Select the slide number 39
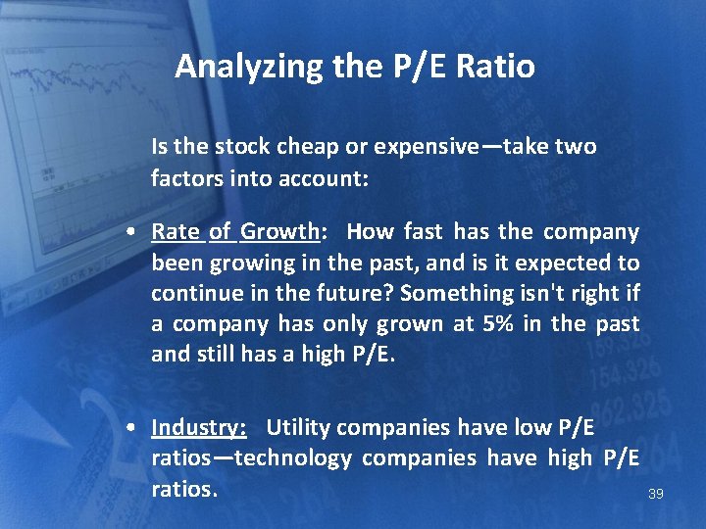[656, 494]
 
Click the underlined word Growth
[280, 232]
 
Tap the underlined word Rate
[175, 232]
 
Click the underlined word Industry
[198, 427]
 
